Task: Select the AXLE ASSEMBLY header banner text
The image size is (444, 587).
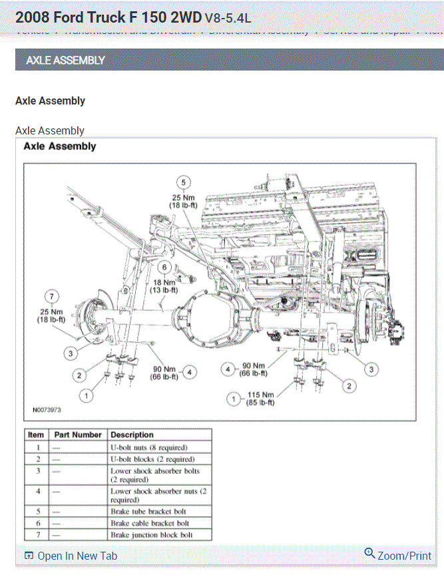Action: [x=65, y=61]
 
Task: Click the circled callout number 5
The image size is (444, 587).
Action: [x=183, y=182]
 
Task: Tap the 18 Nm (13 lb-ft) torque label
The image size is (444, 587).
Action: [x=163, y=286]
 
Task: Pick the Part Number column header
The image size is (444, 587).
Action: [x=78, y=435]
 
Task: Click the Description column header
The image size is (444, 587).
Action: [x=132, y=435]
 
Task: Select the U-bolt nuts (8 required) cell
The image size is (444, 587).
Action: [x=148, y=447]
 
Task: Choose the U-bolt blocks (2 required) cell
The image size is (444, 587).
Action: [x=152, y=459]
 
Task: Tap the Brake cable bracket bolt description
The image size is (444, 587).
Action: [x=150, y=523]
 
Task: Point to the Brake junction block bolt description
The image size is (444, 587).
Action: [x=152, y=534]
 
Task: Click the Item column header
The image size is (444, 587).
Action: [x=35, y=435]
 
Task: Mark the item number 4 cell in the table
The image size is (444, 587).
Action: [x=38, y=492]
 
